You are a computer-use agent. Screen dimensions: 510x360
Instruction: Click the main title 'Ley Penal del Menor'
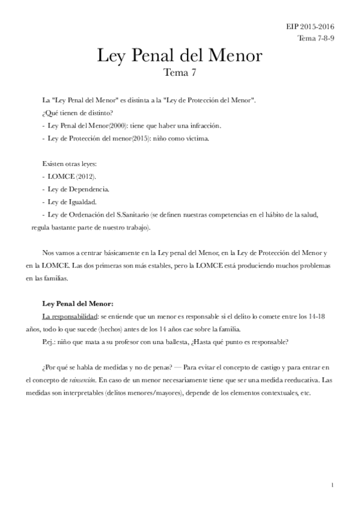coord(180,57)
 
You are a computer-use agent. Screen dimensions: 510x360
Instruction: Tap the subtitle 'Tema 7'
coord(180,74)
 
